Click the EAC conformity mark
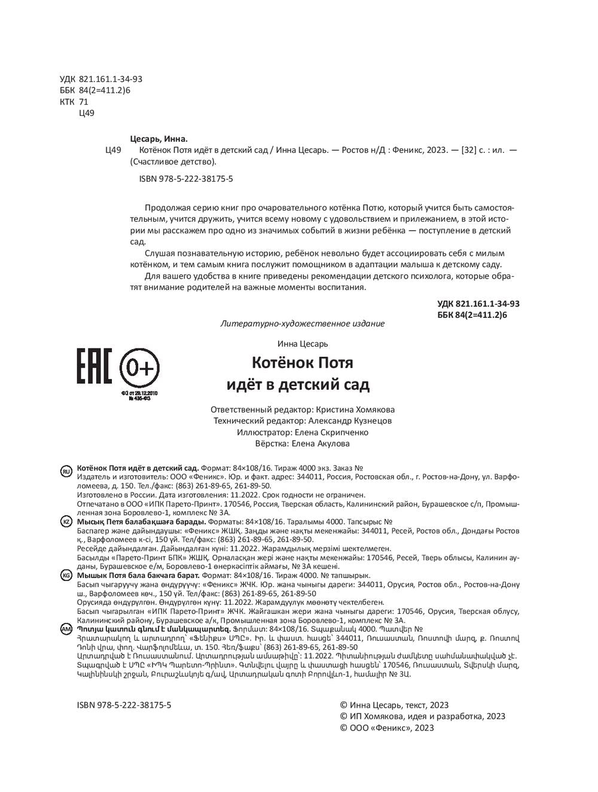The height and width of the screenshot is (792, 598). (x=94, y=365)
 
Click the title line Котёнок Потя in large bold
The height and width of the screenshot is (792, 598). (x=302, y=363)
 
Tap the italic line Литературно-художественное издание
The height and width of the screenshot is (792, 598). (x=302, y=323)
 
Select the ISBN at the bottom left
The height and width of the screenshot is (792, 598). (x=124, y=705)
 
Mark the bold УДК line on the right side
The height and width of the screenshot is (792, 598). (x=478, y=304)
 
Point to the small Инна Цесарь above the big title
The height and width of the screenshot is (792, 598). (x=303, y=344)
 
